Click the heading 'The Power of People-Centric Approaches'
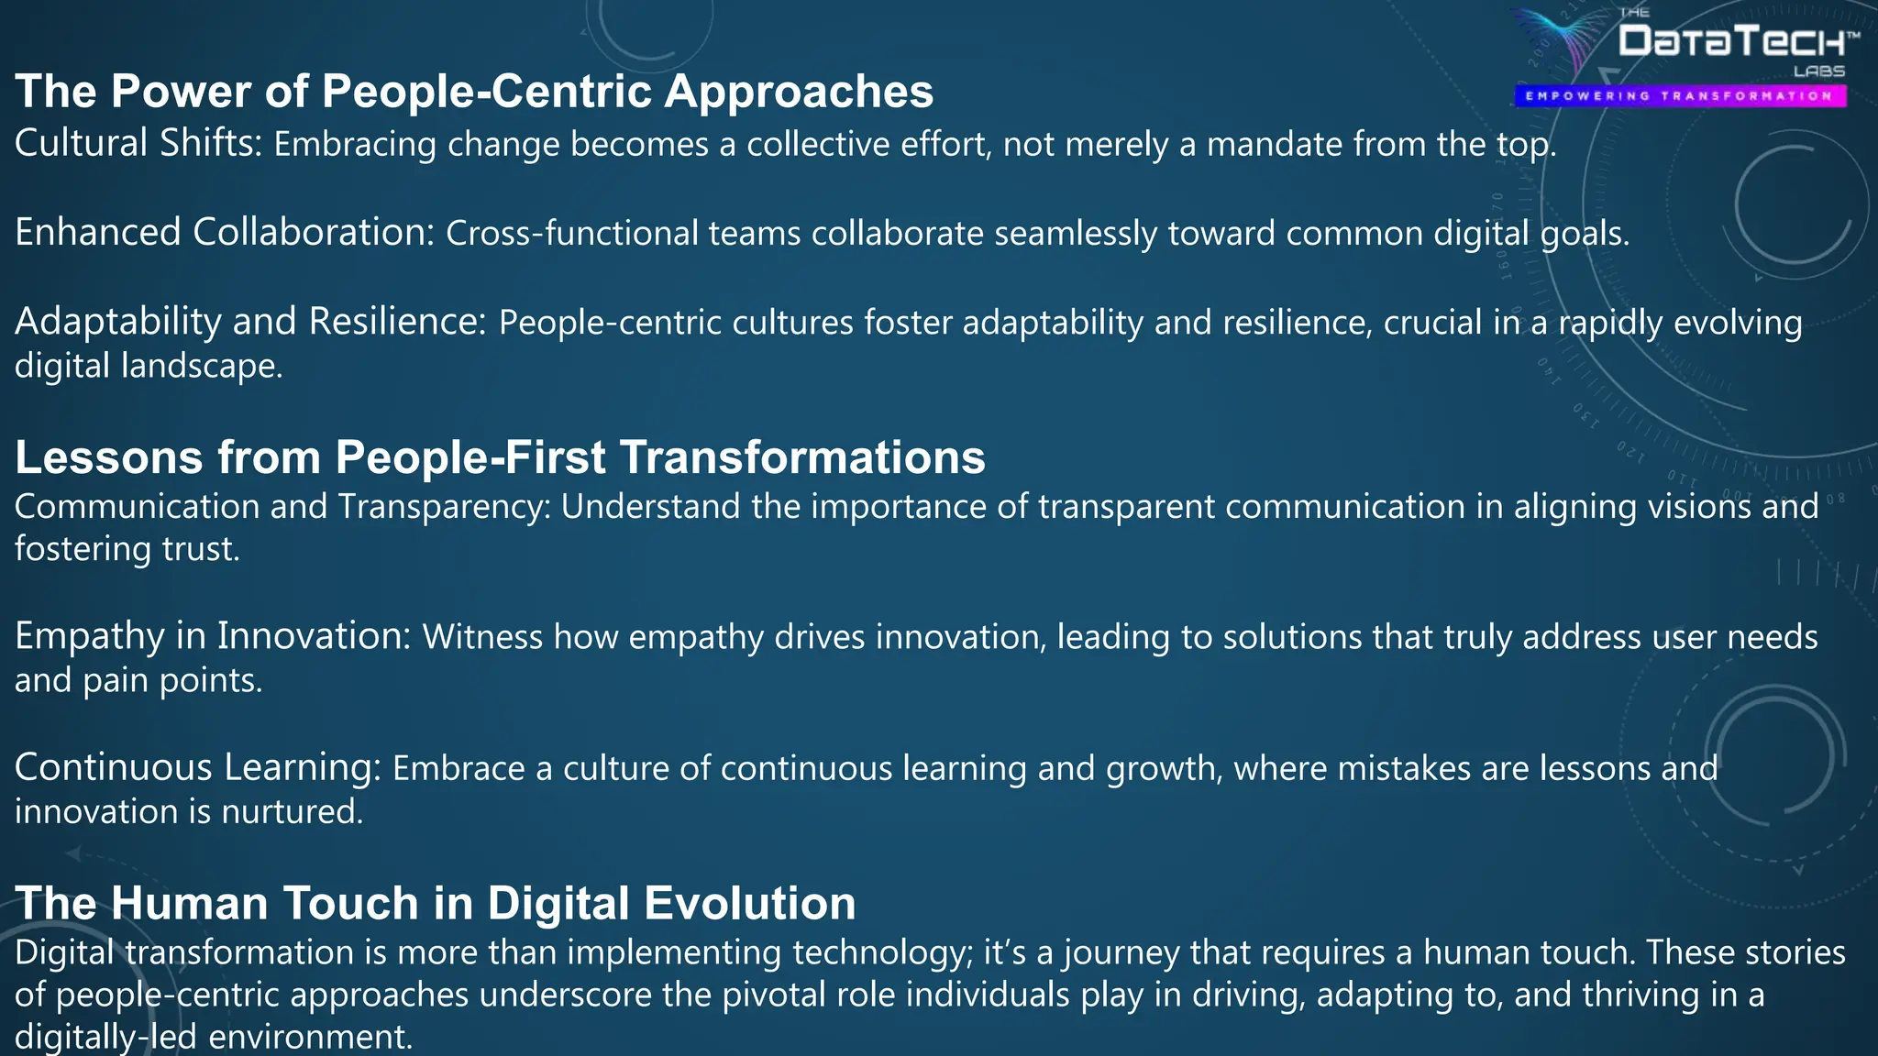click(x=474, y=92)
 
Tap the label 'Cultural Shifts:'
click(x=139, y=144)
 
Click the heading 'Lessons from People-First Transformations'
click(x=500, y=456)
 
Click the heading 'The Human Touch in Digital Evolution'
click(x=436, y=903)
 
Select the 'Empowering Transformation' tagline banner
click(x=1679, y=95)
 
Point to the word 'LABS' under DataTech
click(x=1819, y=71)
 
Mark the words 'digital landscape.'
click(x=149, y=366)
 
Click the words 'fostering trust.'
click(x=127, y=549)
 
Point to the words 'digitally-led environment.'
click(x=214, y=1037)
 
